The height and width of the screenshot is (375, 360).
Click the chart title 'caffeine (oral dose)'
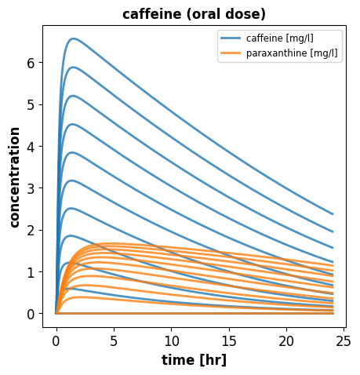click(194, 14)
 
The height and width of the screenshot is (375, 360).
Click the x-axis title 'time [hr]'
click(195, 360)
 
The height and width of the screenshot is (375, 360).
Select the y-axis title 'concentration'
click(15, 177)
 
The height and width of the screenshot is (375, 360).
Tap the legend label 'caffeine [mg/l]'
click(280, 38)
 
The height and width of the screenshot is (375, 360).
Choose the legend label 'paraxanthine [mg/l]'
click(292, 53)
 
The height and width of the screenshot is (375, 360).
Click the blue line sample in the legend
click(231, 38)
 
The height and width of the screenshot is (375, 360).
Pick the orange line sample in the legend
click(231, 53)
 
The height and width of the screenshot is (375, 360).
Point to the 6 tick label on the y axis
click(31, 63)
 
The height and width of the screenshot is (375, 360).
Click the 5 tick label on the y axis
click(31, 104)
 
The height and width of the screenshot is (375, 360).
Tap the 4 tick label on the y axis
click(31, 147)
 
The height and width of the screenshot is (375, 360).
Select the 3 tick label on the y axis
click(31, 188)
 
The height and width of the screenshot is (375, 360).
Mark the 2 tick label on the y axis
click(31, 230)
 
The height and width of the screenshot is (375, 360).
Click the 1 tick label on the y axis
click(31, 272)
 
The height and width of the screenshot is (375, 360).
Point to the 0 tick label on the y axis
click(31, 314)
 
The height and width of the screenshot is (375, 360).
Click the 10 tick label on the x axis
click(172, 341)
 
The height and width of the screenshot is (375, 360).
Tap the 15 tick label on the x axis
click(229, 341)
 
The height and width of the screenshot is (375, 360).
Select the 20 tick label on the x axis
click(286, 341)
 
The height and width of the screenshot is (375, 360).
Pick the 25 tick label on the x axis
click(344, 341)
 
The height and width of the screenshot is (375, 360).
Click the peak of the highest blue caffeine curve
click(74, 38)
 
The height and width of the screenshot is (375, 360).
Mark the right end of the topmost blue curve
click(333, 214)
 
